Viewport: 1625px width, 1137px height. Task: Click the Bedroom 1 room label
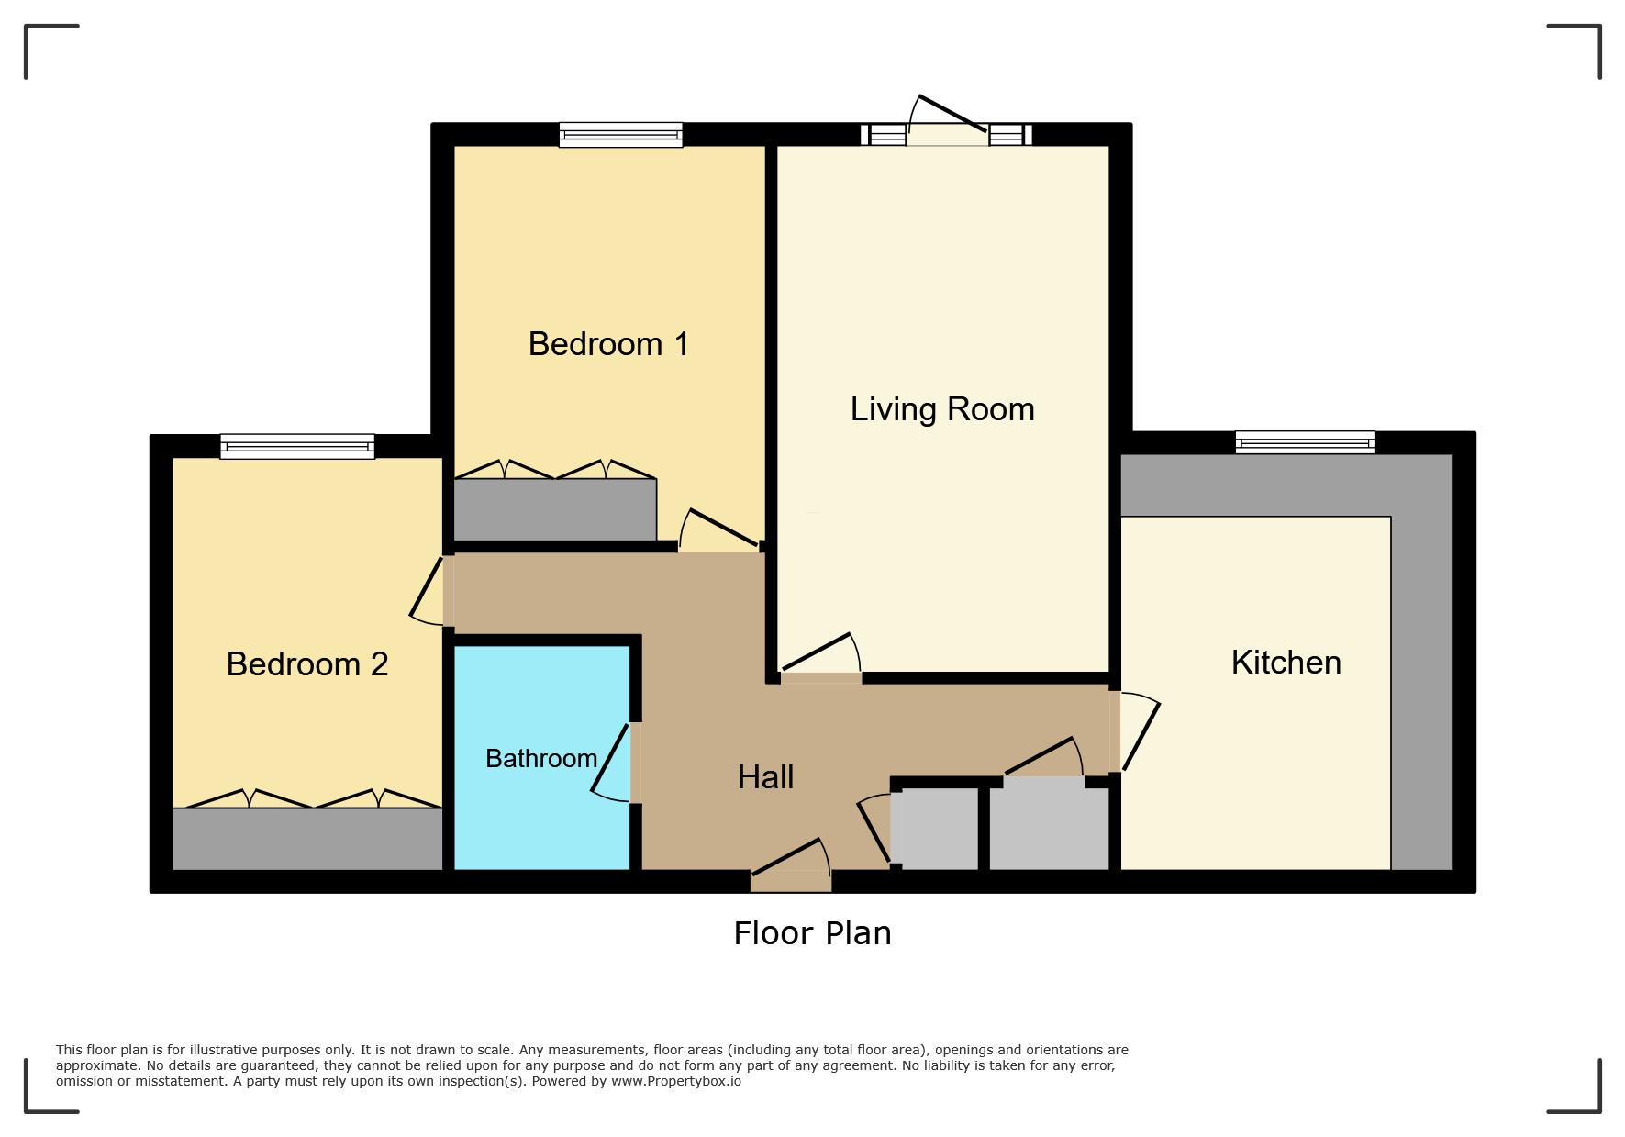(608, 344)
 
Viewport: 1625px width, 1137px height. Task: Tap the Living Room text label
(942, 409)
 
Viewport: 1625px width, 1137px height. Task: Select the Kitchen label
(1286, 663)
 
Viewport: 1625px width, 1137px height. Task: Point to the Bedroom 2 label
(307, 664)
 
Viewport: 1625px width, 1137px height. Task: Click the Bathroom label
(541, 759)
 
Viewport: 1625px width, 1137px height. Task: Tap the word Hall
(765, 777)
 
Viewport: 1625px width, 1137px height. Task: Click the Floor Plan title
(812, 933)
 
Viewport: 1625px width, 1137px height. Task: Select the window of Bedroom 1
(621, 135)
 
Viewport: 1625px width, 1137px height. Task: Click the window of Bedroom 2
(297, 447)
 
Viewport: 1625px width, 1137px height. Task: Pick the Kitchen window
(1305, 442)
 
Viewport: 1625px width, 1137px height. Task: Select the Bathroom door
(613, 762)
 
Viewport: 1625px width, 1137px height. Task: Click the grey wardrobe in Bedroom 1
(555, 510)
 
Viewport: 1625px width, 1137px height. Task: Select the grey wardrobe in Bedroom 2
(307, 839)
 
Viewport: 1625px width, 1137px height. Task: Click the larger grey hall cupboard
(1049, 824)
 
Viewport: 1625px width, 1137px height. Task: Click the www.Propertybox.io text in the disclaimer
(676, 1081)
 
